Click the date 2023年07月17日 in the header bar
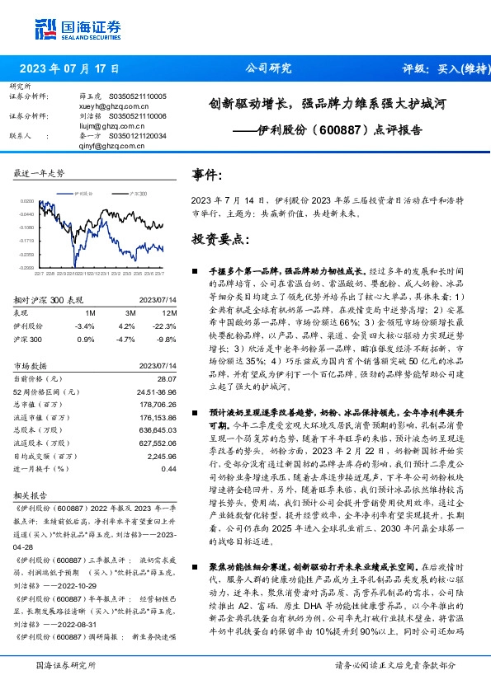coord(68,69)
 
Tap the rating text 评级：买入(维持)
coord(441,69)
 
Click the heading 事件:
coord(208,176)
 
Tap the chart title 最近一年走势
coord(40,175)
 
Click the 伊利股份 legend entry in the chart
coord(84,191)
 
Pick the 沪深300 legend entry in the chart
coord(136,191)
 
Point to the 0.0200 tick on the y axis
coord(27,200)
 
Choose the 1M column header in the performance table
coord(90,314)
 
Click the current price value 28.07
coord(168,377)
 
